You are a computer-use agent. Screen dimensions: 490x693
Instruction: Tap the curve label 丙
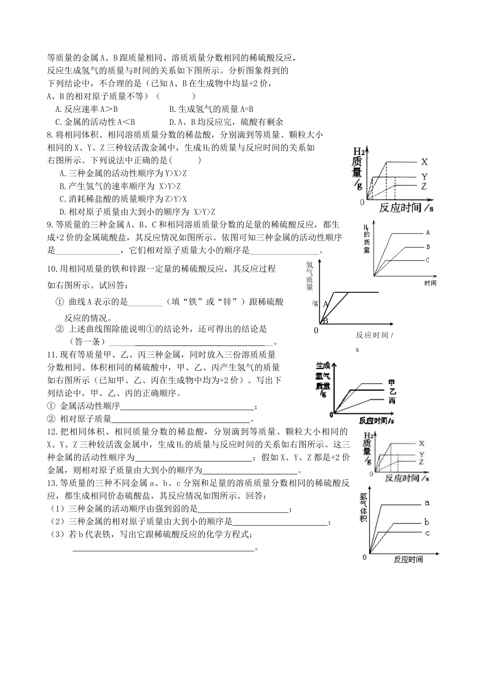point(392,401)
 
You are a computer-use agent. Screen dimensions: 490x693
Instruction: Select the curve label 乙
point(392,392)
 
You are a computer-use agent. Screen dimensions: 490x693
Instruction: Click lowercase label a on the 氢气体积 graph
point(427,503)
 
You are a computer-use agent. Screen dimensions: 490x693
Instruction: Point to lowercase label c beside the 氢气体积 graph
point(427,533)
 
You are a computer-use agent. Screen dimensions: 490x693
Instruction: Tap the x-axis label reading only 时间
point(430,283)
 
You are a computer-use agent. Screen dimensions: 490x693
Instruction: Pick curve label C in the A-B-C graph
point(428,260)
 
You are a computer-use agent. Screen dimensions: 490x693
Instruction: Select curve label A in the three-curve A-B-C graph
point(428,233)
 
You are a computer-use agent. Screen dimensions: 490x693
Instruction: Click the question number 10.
point(52,269)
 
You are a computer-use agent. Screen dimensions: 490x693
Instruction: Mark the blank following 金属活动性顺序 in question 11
point(187,406)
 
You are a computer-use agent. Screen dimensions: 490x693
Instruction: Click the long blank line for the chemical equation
point(164,549)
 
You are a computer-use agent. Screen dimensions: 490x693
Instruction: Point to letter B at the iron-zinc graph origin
point(325,321)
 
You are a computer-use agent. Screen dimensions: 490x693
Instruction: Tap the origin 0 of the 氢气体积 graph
point(364,557)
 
